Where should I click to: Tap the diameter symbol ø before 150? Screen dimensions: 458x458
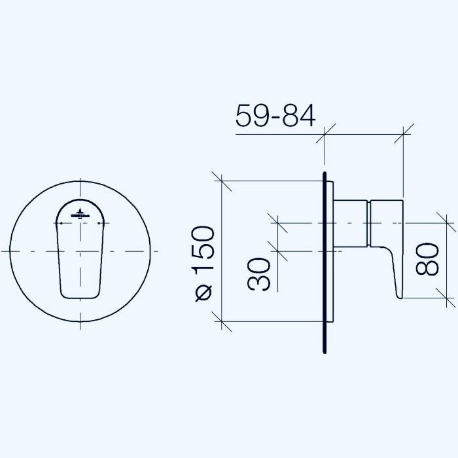coord(203,294)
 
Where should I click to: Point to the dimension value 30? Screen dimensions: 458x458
coord(260,273)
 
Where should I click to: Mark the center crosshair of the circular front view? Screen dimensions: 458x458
coord(80,251)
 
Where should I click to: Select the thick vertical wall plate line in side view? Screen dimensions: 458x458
coord(325,262)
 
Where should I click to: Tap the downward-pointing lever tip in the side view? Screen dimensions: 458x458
coord(397,292)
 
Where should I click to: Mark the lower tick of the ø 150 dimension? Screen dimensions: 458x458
coord(222,321)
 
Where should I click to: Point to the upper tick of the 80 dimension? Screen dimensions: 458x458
coord(448,223)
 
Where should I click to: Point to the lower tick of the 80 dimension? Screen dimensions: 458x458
coord(448,298)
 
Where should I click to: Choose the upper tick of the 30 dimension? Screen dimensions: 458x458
coord(278,223)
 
